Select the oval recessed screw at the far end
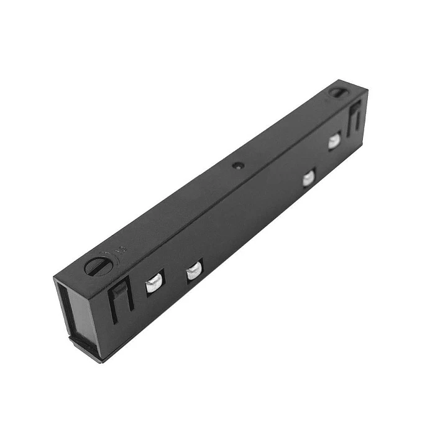(337, 92)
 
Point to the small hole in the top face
(237, 166)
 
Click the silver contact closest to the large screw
(153, 285)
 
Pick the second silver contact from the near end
(194, 271)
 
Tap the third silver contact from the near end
(308, 178)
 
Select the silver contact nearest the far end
(334, 142)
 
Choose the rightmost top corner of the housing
(368, 91)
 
